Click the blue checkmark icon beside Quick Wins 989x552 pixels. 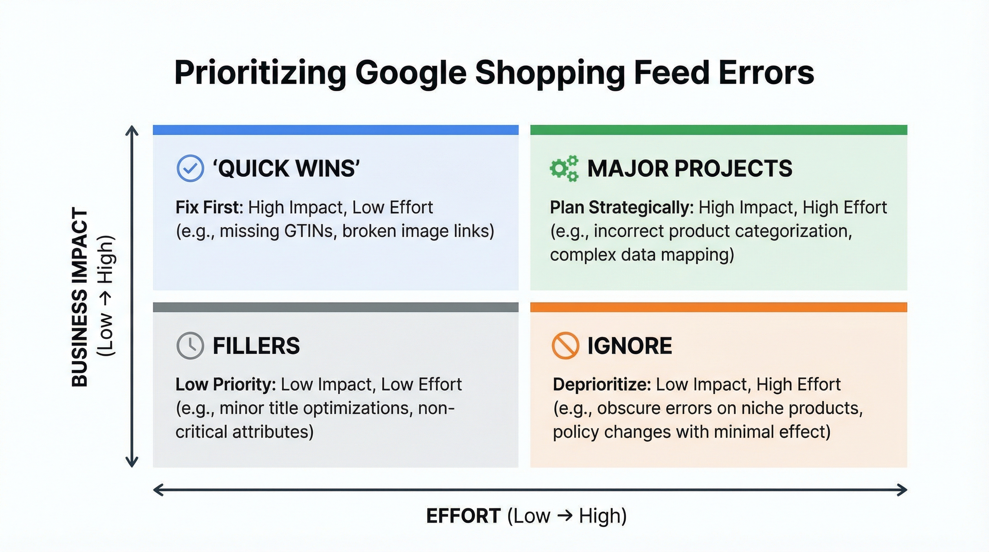(190, 168)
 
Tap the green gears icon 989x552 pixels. (563, 168)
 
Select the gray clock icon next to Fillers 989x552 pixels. (190, 345)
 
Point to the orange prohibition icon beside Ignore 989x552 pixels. (565, 345)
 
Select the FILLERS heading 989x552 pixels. (256, 345)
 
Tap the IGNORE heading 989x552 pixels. (630, 345)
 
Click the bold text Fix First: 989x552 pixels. (209, 207)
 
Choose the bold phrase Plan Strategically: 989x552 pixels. (622, 207)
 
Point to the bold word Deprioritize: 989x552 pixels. (602, 384)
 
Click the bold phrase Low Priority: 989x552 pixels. (225, 384)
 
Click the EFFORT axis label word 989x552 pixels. (463, 516)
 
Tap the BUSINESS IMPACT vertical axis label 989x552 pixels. (80, 298)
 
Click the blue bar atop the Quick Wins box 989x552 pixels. (336, 130)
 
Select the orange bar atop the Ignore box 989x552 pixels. (718, 307)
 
